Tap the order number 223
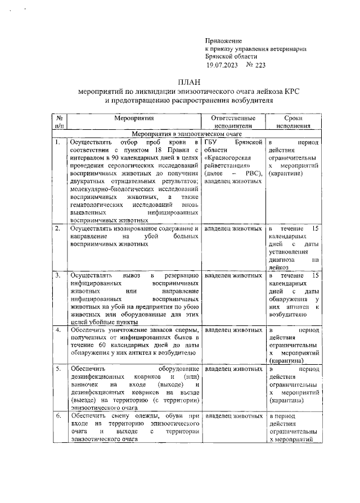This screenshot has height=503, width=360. point(258,65)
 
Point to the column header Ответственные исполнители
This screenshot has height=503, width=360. point(233,123)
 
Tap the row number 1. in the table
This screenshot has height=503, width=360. point(57,143)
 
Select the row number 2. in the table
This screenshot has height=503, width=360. point(57,229)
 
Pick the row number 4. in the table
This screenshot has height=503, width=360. point(57,330)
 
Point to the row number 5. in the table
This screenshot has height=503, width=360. point(57,369)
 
